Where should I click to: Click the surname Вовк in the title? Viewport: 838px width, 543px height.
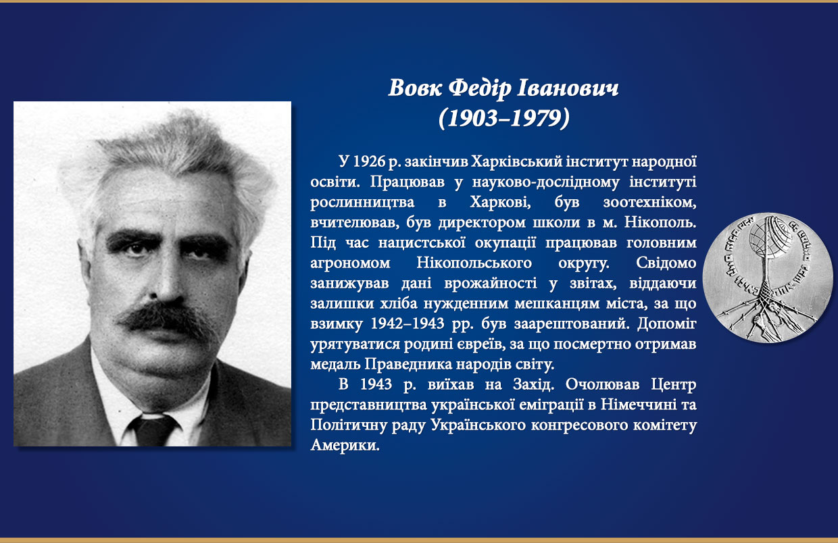coord(415,88)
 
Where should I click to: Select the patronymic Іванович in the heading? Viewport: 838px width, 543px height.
coord(568,88)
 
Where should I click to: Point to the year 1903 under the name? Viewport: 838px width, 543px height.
coord(473,118)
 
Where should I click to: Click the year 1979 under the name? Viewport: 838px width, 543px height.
coord(536,118)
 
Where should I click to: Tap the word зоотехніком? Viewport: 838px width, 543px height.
coord(650,203)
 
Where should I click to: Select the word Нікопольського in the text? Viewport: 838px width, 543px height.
coord(474,263)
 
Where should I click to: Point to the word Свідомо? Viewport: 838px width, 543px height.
coord(666,263)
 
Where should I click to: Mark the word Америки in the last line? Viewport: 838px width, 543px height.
coord(345,445)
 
